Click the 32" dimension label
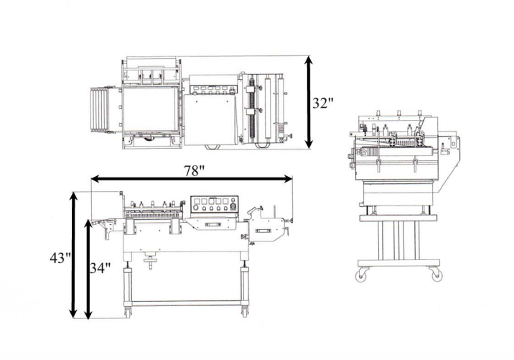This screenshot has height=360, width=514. [323, 102]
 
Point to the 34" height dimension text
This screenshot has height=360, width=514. [101, 268]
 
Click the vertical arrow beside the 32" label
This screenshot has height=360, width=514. [308, 101]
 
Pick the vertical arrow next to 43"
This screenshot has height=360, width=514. [73, 255]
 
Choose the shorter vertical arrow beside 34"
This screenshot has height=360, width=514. [88, 269]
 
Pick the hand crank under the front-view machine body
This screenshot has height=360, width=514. [151, 261]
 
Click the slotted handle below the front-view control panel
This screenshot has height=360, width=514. [214, 225]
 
